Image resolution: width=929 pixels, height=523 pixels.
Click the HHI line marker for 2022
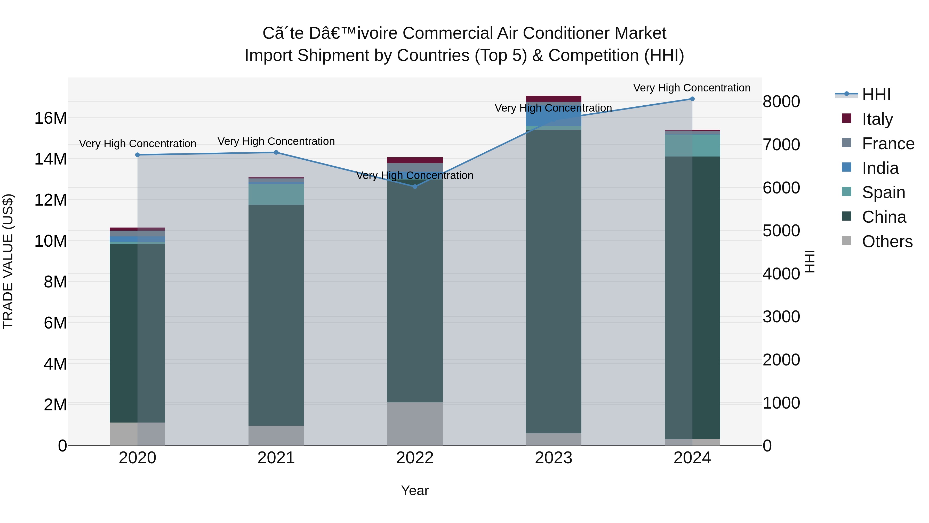pos(415,187)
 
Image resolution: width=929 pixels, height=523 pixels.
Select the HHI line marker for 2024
pos(692,99)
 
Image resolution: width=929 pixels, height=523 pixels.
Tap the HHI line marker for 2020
pos(137,155)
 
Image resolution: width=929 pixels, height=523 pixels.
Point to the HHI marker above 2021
pos(276,152)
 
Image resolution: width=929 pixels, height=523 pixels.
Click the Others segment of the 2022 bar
pos(415,424)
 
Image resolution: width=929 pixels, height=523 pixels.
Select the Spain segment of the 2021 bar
pos(276,194)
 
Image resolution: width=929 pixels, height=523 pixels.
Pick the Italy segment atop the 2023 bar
pos(553,99)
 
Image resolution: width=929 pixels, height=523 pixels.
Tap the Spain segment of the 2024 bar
pos(692,145)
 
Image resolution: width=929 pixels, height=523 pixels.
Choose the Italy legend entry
pos(877,119)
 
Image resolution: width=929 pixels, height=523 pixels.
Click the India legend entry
pos(880,168)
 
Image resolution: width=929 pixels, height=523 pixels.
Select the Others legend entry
pos(887,241)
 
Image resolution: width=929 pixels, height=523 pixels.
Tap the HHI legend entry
pos(876,94)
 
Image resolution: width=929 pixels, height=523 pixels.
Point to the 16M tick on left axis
pos(51,118)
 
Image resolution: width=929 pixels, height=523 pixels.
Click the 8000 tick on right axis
pos(781,102)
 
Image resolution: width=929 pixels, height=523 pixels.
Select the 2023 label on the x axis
pos(553,458)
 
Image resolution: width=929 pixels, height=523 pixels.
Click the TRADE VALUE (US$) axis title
pos(8,261)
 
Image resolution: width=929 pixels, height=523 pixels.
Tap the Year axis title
pos(415,490)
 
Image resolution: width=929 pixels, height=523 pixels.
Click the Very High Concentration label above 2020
pos(137,144)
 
